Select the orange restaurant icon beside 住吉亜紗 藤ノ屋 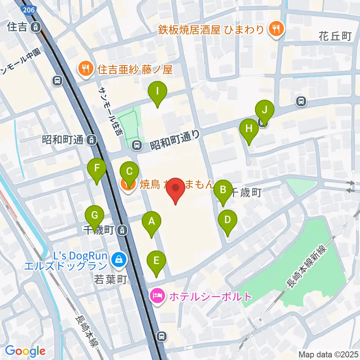click(85, 69)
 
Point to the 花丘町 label click(335, 36)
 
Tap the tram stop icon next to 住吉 click(36, 27)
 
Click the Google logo click(25, 351)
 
